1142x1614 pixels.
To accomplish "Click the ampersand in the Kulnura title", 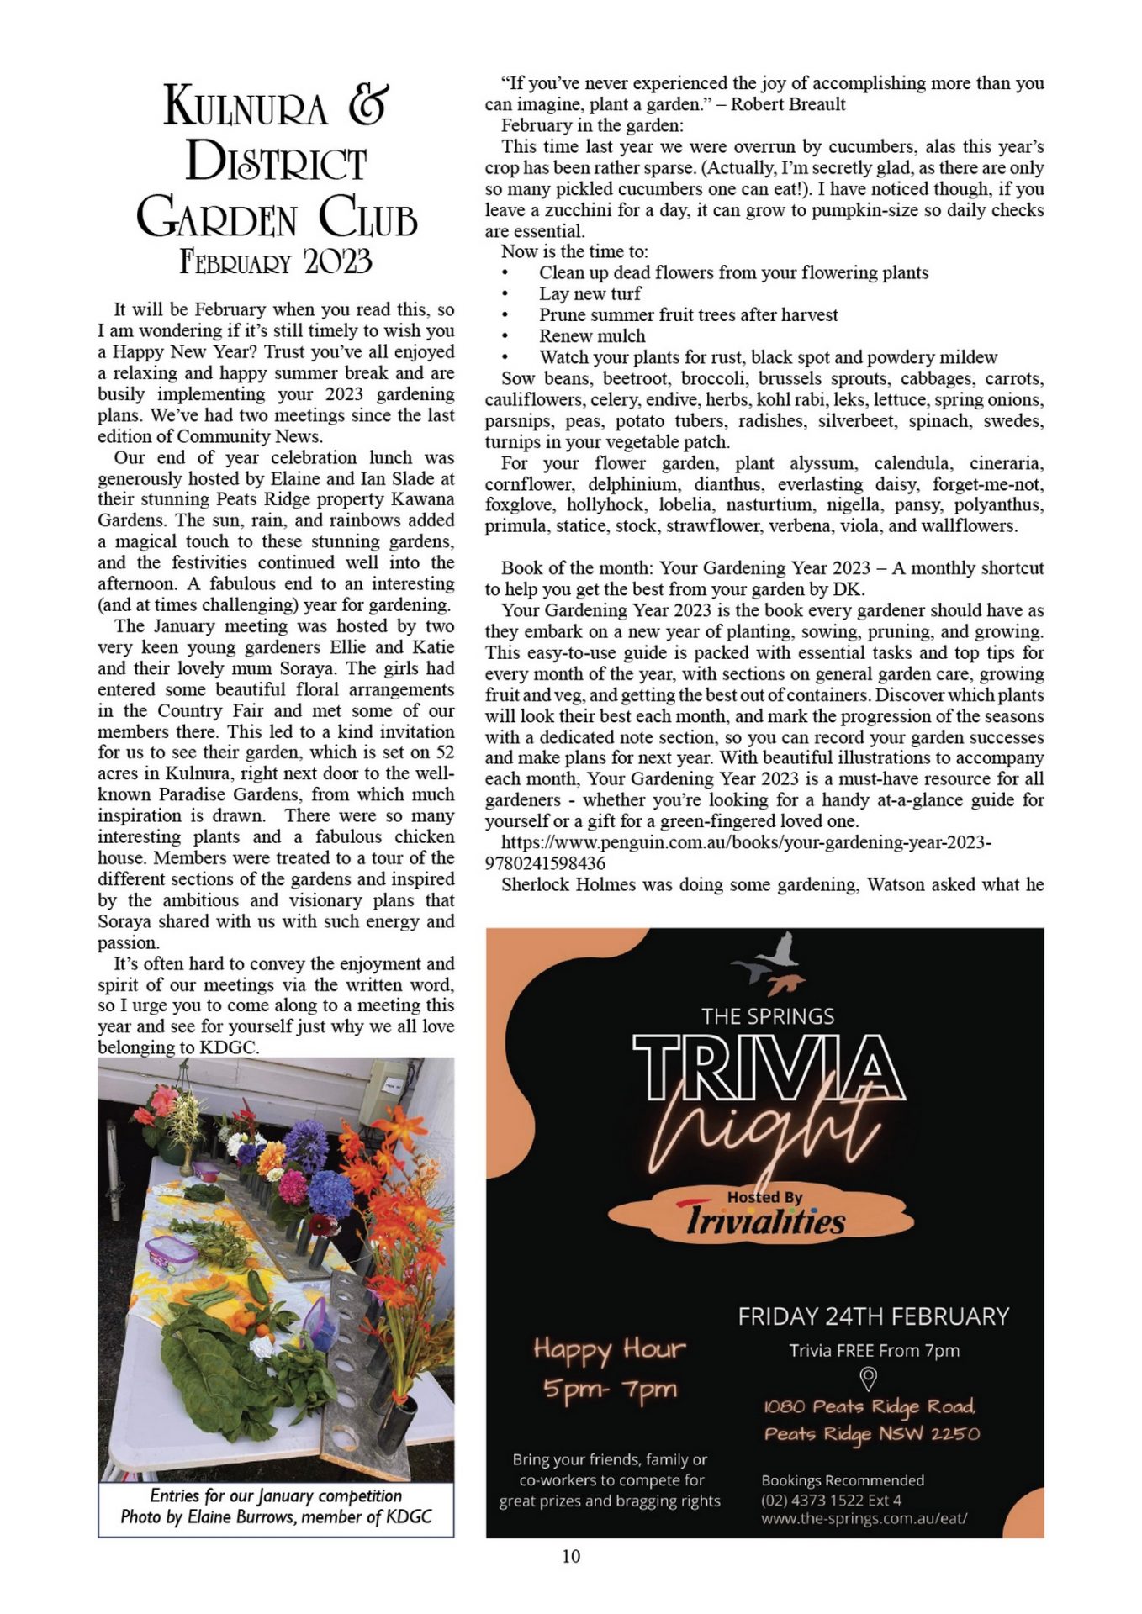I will pyautogui.click(x=367, y=106).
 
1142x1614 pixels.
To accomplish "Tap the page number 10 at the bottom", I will pyautogui.click(x=571, y=1556).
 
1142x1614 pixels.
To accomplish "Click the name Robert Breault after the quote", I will pyautogui.click(x=788, y=104).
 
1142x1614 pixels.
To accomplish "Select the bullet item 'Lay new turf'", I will pyautogui.click(x=590, y=293).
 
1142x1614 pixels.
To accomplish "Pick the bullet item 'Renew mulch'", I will pyautogui.click(x=592, y=335).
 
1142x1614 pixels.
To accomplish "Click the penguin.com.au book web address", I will pyautogui.click(x=746, y=841).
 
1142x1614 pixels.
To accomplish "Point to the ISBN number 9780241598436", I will pyautogui.click(x=545, y=862).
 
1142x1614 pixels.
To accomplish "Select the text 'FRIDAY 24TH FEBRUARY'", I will pyautogui.click(x=873, y=1316).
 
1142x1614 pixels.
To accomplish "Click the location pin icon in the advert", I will pyautogui.click(x=869, y=1378).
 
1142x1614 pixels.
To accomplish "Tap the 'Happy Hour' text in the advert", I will pyautogui.click(x=610, y=1349).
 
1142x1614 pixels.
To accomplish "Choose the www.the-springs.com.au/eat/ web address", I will pyautogui.click(x=864, y=1519).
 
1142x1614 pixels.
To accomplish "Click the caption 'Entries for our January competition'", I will pyautogui.click(x=276, y=1495).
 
